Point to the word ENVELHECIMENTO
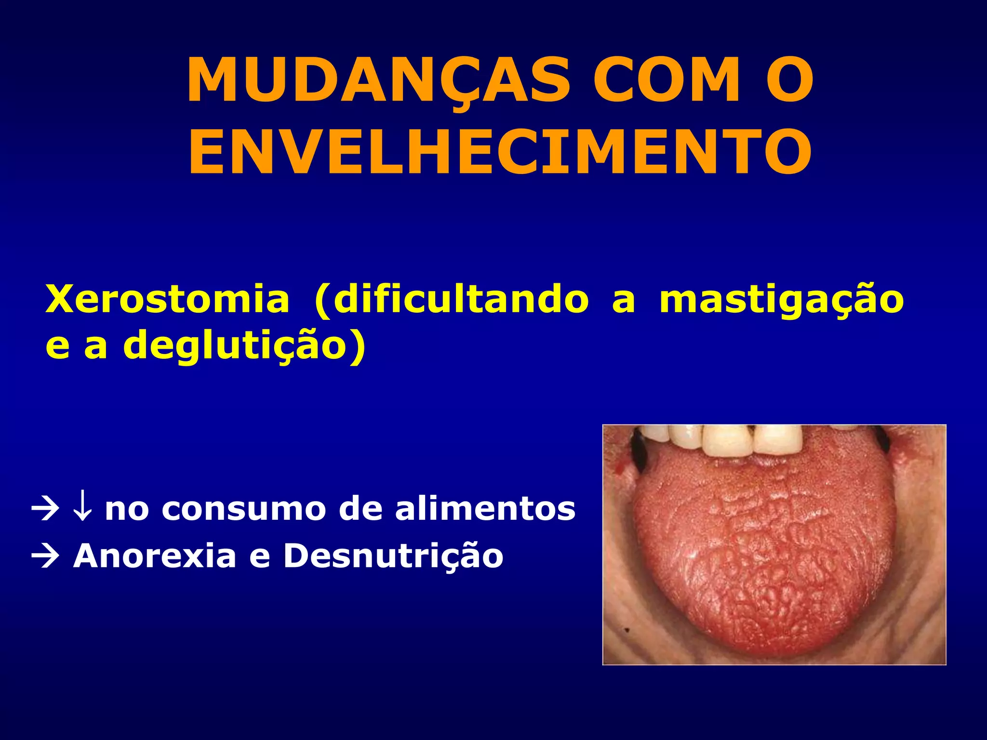(x=500, y=152)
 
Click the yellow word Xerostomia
(x=167, y=300)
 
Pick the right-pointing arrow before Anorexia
(x=45, y=556)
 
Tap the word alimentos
(x=485, y=509)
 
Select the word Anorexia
(x=154, y=556)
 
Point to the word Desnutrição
(x=393, y=557)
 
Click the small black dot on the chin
(x=627, y=629)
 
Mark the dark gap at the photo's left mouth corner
(x=639, y=451)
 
